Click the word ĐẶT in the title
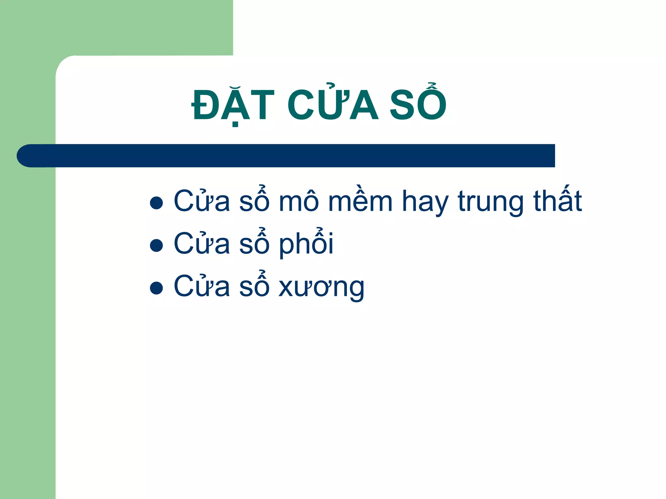tap(233, 106)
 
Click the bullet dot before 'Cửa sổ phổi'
tap(156, 246)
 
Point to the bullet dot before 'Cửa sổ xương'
tap(156, 288)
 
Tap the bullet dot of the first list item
tap(156, 203)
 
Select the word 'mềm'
tap(360, 201)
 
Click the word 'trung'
tap(490, 203)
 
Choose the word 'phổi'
tap(306, 244)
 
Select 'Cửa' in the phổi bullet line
tap(202, 244)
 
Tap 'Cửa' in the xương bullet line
tap(202, 286)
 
